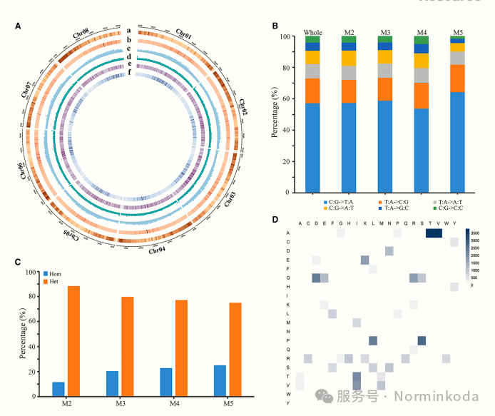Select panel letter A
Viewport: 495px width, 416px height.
pyautogui.click(x=18, y=26)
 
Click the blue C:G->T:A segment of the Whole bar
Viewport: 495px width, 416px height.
pyautogui.click(x=312, y=148)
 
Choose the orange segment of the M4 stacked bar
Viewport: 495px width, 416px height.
pyautogui.click(x=422, y=96)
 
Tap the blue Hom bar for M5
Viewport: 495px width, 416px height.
pyautogui.click(x=220, y=380)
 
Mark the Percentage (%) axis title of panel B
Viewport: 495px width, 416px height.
pyautogui.click(x=275, y=114)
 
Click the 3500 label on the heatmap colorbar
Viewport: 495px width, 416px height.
pyautogui.click(x=475, y=233)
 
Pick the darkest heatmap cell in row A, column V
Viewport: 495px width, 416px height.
pyautogui.click(x=438, y=233)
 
